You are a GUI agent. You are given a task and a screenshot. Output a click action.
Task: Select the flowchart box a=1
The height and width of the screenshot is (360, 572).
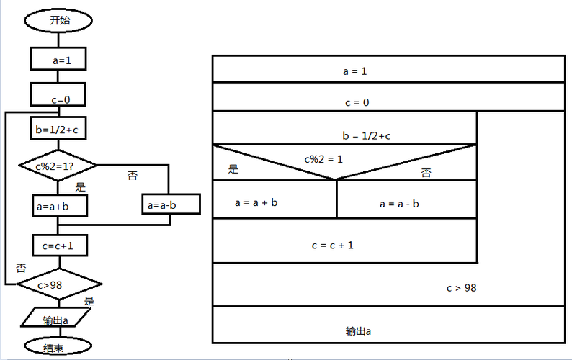click(x=60, y=59)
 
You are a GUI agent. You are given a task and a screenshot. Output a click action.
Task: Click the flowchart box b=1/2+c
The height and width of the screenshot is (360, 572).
click(x=59, y=130)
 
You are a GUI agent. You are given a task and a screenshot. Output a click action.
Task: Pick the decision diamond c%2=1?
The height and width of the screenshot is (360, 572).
click(x=57, y=166)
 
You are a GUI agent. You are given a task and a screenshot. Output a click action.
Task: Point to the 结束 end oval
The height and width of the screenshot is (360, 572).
click(x=58, y=348)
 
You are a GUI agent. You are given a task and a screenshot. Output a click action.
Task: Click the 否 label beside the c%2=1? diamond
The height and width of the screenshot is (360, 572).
click(x=133, y=176)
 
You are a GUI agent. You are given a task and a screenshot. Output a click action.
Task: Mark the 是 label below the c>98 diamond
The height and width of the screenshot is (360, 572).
click(x=89, y=301)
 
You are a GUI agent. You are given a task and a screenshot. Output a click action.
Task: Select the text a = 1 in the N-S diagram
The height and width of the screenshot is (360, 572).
click(x=354, y=71)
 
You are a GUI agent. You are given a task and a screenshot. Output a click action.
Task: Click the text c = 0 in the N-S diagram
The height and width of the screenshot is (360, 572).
click(x=356, y=102)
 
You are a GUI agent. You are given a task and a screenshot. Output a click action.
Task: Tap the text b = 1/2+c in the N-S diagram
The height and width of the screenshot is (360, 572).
click(x=367, y=135)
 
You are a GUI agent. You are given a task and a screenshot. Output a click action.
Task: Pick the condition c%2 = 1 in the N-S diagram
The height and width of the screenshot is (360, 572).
click(x=323, y=158)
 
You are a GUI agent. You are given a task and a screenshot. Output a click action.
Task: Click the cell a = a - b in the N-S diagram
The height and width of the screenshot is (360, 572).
click(x=399, y=204)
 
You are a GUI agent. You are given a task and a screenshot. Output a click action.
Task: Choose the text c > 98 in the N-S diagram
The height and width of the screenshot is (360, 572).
click(x=461, y=288)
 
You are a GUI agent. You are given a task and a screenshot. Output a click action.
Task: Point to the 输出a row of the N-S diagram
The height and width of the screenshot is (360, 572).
click(x=358, y=331)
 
